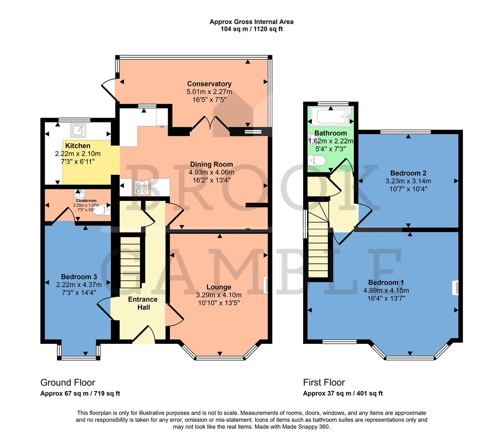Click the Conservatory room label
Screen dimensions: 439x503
pos(209,84)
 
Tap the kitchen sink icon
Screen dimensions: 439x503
pos(78,130)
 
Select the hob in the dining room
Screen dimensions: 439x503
pos(141,187)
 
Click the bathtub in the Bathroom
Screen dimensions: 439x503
pos(330,117)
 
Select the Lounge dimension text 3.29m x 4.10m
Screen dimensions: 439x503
pos(219,295)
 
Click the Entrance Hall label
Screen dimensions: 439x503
pos(143,303)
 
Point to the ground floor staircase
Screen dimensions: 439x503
pos(130,262)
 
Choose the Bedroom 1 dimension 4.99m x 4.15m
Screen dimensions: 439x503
pos(386,291)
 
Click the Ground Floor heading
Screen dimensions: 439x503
pos(67,382)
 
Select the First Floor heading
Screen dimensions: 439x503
pos(324,382)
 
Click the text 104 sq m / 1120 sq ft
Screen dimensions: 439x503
pos(251,29)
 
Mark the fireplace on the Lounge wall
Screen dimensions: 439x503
pos(265,285)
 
